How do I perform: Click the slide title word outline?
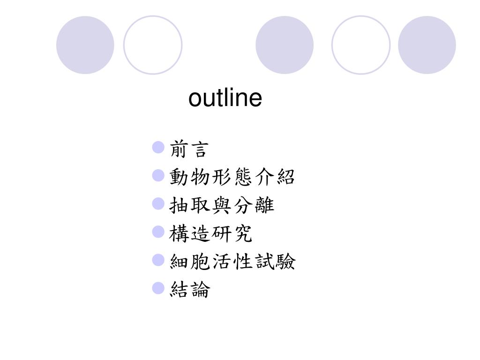tap(225, 98)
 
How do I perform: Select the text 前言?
tap(188, 150)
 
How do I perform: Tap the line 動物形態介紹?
tap(232, 177)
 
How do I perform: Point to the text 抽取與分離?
tap(222, 205)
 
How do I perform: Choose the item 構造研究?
tap(211, 233)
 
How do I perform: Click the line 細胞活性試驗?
tap(232, 262)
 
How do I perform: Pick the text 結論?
tap(190, 290)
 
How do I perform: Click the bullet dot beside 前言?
tap(158, 149)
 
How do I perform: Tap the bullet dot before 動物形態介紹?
tap(158, 176)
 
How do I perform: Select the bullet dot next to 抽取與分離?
tap(158, 204)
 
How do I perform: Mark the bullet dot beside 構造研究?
tap(158, 232)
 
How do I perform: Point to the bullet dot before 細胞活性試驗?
tap(158, 260)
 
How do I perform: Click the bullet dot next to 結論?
tap(158, 288)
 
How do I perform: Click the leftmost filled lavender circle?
tap(85, 45)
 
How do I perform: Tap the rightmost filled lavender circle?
tap(427, 45)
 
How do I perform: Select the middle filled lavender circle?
tap(285, 45)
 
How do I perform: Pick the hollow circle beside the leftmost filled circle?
tap(153, 45)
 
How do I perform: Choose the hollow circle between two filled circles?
tap(361, 45)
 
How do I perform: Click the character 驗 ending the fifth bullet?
tap(286, 262)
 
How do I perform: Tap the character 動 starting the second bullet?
tap(179, 177)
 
